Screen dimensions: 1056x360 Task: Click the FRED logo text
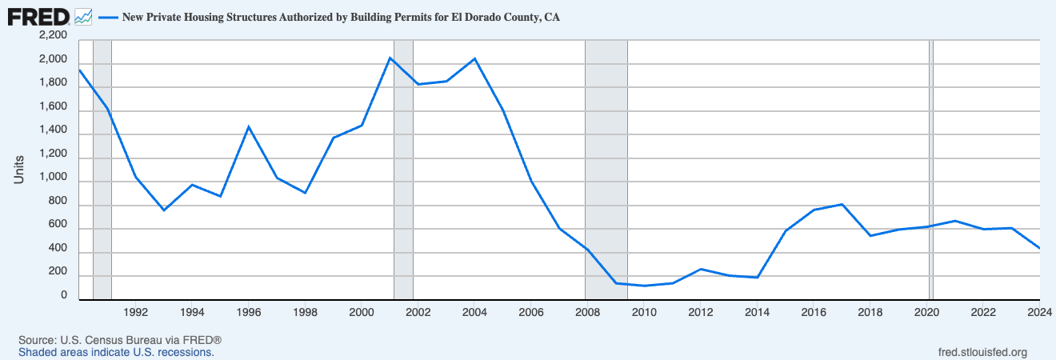click(38, 18)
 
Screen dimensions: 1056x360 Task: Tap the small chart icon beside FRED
click(83, 18)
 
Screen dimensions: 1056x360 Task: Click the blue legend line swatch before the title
click(108, 18)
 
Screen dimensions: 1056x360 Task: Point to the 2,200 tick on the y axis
click(54, 35)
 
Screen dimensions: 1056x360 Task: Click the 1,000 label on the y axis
click(54, 177)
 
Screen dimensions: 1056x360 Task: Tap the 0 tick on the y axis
click(64, 295)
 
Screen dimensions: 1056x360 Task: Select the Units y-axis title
click(19, 170)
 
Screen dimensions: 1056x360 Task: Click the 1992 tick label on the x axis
click(136, 312)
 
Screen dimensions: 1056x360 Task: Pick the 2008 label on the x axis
click(587, 312)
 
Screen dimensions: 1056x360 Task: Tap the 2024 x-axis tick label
click(1039, 312)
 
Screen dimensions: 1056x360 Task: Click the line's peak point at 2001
click(390, 58)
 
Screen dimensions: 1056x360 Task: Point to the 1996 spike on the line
click(249, 126)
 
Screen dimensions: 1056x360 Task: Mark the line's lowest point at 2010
click(644, 286)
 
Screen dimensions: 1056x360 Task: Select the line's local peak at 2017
click(842, 204)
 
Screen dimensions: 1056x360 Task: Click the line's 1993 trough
click(164, 210)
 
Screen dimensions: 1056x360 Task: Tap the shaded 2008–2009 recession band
click(606, 170)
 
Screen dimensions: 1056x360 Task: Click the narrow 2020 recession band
click(931, 170)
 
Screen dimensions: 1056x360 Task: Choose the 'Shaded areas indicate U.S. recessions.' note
click(116, 353)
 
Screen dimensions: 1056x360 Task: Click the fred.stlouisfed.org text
click(982, 353)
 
